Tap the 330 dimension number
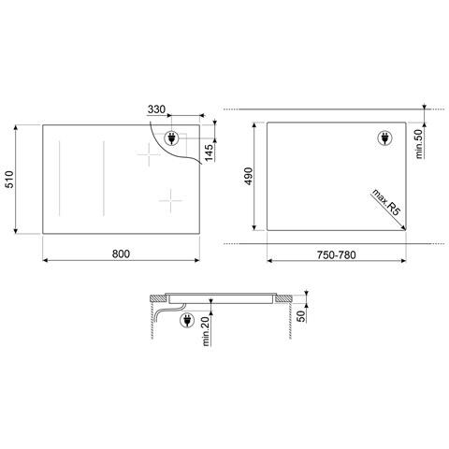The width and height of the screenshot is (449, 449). coord(157,110)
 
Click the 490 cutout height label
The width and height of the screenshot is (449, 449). coord(250,176)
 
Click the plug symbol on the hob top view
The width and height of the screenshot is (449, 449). coord(172,139)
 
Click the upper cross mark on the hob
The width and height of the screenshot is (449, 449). coord(149,154)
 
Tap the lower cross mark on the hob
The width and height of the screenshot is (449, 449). coord(170,198)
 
